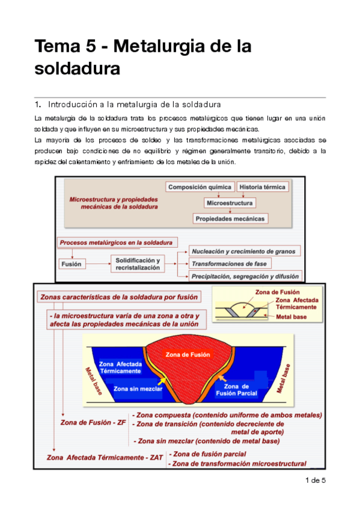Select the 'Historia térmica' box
pos(263,187)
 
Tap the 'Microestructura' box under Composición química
pos(229,203)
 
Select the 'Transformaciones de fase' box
pos(230,263)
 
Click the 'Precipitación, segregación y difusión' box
pos(245,277)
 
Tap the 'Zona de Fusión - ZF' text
pos(93,422)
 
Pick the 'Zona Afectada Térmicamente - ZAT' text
pos(105,457)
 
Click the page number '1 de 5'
pos(316,480)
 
